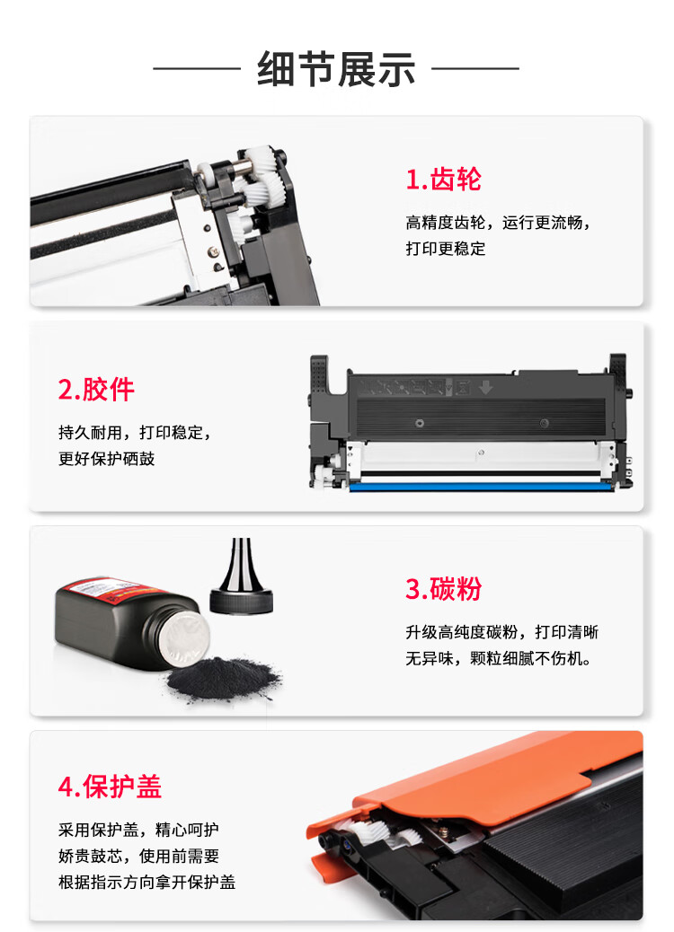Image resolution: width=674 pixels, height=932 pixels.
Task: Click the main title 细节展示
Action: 336,69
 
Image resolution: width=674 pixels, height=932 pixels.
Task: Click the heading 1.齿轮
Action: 443,179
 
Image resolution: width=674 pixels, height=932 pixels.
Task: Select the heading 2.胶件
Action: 96,390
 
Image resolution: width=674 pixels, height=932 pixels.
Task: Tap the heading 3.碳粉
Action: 443,589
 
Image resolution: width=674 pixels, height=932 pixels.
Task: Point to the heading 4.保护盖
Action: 110,787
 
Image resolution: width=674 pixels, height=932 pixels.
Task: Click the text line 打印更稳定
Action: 446,249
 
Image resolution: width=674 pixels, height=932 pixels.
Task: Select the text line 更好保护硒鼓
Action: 106,459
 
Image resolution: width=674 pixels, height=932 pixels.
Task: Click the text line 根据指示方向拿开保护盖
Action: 147,882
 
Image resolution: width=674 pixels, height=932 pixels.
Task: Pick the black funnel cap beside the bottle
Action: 241,579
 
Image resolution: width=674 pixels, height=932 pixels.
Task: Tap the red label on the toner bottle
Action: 113,589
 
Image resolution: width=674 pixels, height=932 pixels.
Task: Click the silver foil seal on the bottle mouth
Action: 185,638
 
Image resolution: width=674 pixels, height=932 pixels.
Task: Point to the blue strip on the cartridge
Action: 482,487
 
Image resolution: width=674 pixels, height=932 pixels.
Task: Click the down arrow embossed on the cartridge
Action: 485,388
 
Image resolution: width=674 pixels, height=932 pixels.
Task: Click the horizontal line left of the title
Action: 197,68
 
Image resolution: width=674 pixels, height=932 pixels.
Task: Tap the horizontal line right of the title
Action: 475,68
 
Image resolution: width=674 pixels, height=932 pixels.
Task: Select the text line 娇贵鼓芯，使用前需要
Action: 138,856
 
